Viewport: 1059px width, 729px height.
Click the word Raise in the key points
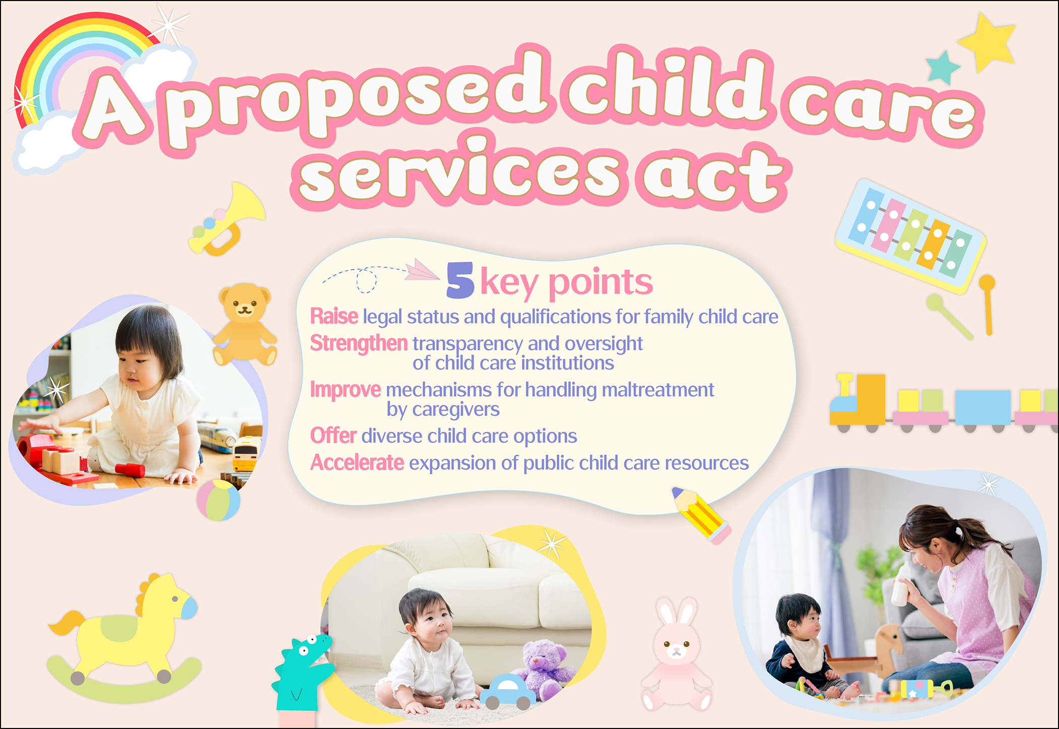pos(334,317)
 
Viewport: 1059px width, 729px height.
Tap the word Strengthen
pos(359,343)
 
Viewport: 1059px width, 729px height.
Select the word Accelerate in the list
pos(357,463)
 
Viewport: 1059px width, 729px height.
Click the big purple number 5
pos(460,280)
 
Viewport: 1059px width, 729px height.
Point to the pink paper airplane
pos(422,270)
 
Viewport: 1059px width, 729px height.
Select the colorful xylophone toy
pos(911,236)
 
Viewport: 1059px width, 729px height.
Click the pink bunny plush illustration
pos(677,654)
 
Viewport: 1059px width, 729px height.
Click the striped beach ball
pos(219,500)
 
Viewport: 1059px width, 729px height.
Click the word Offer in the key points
pos(334,435)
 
